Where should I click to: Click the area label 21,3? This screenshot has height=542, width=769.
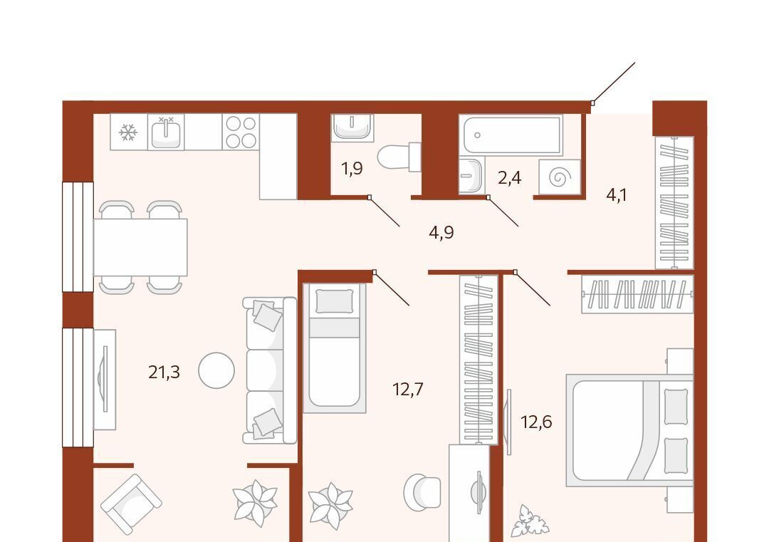[x=164, y=372]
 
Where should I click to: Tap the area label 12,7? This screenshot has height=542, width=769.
[x=407, y=390]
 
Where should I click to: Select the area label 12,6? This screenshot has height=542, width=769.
[x=536, y=422]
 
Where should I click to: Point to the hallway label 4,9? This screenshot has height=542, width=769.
[x=441, y=232]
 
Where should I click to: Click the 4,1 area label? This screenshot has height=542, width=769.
[x=617, y=195]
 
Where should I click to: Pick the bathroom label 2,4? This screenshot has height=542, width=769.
[x=510, y=177]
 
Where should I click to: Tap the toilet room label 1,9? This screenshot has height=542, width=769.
[x=352, y=169]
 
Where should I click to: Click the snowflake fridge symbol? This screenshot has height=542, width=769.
[x=128, y=132]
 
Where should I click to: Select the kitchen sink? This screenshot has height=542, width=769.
[x=166, y=132]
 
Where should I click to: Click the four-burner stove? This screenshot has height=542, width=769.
[x=241, y=132]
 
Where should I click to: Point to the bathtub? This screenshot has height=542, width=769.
[x=511, y=135]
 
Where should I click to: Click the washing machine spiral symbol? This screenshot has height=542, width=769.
[x=560, y=177]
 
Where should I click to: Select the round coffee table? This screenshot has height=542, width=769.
[x=216, y=370]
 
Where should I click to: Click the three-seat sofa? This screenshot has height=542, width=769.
[x=270, y=370]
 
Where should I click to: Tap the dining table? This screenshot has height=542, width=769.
[x=140, y=247]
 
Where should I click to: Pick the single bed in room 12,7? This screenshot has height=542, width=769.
[x=335, y=348]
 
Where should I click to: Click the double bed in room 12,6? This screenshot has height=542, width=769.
[x=629, y=431]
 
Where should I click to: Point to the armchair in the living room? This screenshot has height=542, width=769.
[x=131, y=504]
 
